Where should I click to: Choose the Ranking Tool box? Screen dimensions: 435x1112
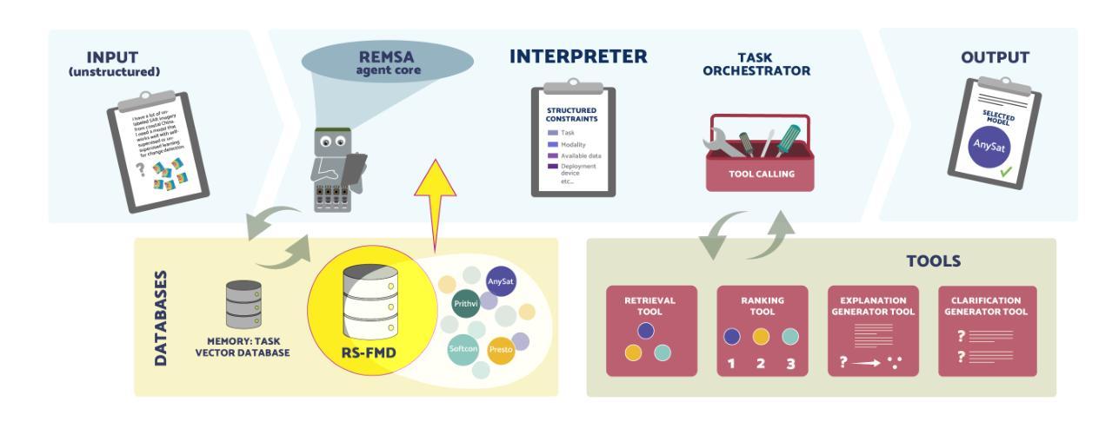tap(762, 331)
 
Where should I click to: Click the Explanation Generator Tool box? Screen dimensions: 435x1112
tap(874, 331)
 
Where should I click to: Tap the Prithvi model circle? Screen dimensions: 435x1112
tap(464, 304)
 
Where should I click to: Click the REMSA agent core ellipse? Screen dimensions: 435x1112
tap(388, 62)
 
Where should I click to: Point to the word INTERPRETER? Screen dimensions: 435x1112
tap(578, 57)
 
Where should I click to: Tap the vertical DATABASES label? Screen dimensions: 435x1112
tap(161, 317)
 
